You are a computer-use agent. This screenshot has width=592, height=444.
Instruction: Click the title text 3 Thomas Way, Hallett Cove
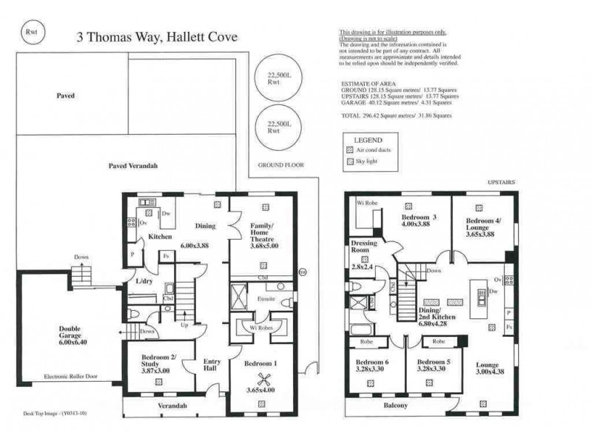point(157,37)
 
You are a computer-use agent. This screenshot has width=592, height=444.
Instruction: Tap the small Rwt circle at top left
point(32,31)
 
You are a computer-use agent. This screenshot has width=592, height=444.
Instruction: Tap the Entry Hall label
point(211,365)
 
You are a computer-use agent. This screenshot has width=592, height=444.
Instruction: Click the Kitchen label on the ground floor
point(160,237)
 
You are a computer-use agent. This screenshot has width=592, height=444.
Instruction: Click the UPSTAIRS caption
point(501,181)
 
